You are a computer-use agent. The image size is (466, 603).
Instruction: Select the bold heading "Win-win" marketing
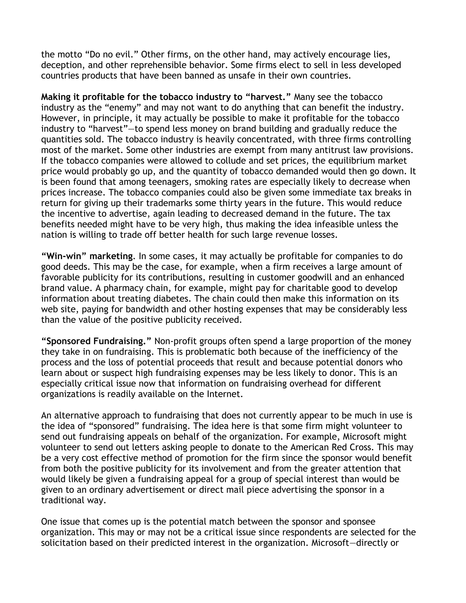point(87,256)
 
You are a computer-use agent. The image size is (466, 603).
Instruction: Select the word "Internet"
point(224,394)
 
